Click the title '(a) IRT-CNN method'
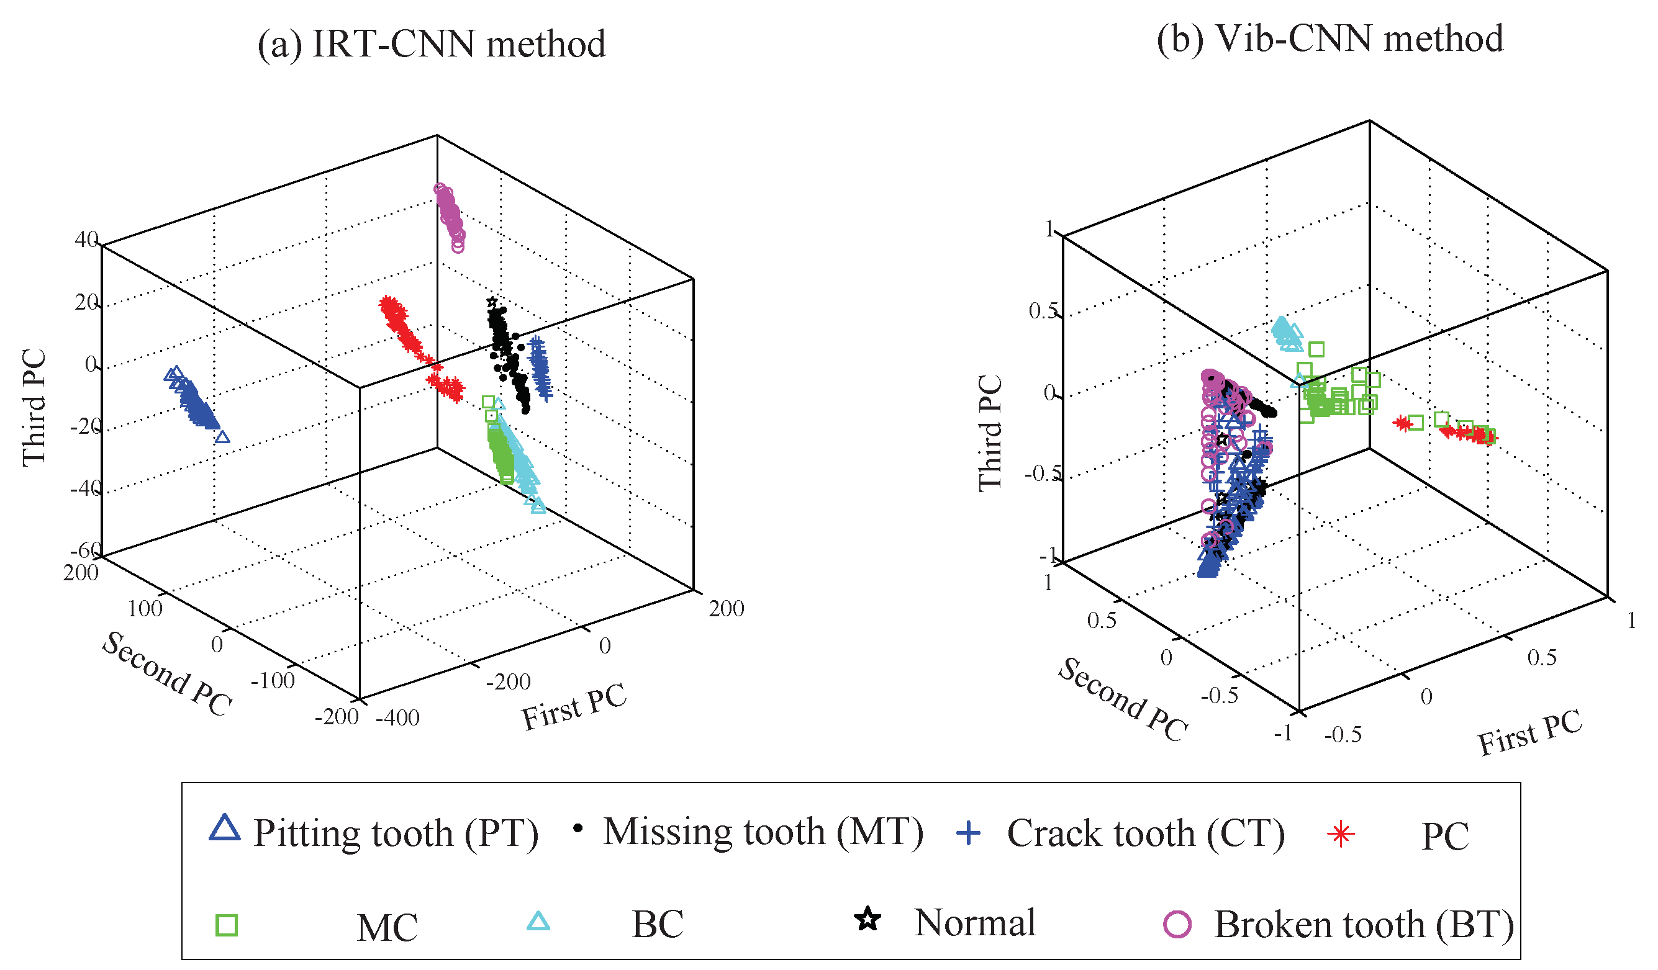[431, 44]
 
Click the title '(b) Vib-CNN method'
[1329, 39]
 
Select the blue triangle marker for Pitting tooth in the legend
[224, 828]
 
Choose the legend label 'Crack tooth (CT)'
[1146, 834]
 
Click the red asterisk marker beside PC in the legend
[1340, 835]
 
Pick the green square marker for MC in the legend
[226, 925]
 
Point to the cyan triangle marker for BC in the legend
[538, 922]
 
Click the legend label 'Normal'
[974, 923]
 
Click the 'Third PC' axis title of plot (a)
[34, 408]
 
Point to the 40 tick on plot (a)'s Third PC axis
[86, 240]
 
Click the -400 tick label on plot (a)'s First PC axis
[397, 718]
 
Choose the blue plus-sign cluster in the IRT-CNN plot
[540, 366]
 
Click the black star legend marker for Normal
[868, 919]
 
